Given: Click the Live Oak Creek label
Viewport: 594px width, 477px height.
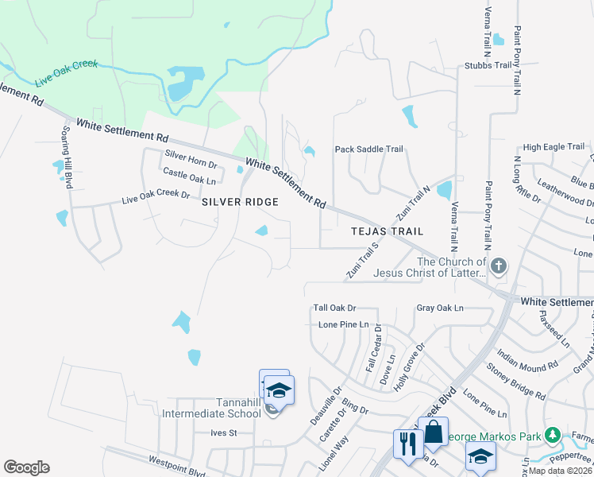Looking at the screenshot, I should coord(67,73).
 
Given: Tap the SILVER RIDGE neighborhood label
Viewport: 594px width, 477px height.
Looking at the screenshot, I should coord(240,202).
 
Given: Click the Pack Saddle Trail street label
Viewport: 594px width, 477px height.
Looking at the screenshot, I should coord(369,149).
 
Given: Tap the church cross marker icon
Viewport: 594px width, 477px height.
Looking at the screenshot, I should coord(499,266).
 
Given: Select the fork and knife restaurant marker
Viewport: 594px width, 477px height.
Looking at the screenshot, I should coord(408,443).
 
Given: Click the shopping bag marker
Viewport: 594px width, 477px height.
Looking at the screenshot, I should coord(434,432).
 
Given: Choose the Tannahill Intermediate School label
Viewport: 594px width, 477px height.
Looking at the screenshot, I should coord(211,408).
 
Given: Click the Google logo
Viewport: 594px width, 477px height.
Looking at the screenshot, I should coord(26,467).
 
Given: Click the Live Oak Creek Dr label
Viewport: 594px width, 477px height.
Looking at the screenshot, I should coord(156,196).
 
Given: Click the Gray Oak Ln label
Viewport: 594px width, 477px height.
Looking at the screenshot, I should coord(439,308).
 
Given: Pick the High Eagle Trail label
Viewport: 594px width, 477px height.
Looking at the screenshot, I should coord(553,147).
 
